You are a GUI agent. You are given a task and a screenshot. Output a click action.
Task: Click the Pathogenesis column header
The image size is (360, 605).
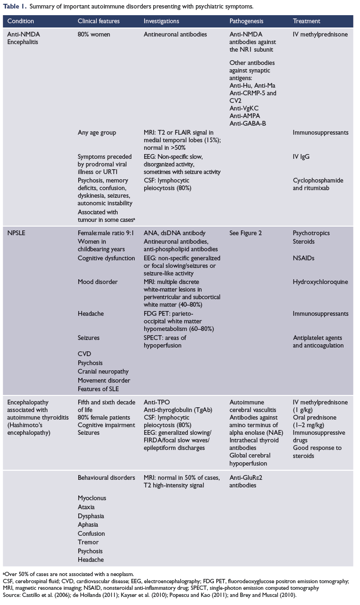click(x=246, y=21)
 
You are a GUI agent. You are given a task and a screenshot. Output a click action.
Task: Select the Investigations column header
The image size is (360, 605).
click(x=161, y=21)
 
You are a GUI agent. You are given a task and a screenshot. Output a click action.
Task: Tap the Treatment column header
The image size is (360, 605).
click(x=306, y=21)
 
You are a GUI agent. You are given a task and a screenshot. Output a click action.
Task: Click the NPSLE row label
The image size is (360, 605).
click(x=17, y=233)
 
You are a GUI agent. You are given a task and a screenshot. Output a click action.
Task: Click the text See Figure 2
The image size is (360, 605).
click(x=245, y=233)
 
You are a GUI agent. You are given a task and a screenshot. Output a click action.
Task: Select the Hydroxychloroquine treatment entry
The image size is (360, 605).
click(x=320, y=282)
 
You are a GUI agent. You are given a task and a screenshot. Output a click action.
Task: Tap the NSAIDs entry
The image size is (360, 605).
click(x=304, y=258)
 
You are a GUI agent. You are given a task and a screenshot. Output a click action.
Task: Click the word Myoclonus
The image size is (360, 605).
click(x=92, y=498)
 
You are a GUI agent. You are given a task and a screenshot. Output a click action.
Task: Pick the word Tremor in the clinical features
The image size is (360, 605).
click(x=88, y=542)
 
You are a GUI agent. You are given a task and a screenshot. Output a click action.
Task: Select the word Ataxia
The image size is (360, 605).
click(x=87, y=507)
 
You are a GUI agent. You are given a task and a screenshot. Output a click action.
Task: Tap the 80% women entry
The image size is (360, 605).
click(x=94, y=35)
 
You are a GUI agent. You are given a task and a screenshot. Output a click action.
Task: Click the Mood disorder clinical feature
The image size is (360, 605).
click(x=98, y=282)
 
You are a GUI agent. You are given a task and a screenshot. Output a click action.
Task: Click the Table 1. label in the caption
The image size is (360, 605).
click(x=14, y=7)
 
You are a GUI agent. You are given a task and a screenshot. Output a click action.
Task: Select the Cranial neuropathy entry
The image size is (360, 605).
click(x=103, y=371)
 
